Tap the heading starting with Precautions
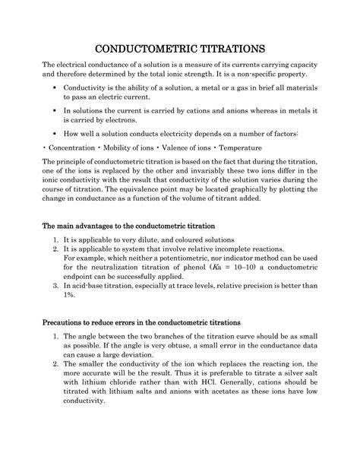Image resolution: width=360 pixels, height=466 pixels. (x=141, y=320)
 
